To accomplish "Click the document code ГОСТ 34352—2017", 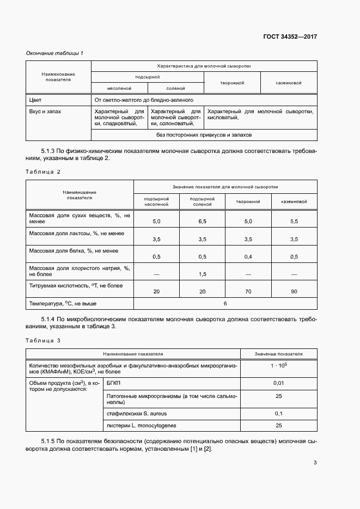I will coord(290,37).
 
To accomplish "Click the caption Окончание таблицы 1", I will coord(54,53).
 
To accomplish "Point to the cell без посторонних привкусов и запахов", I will coord(204,135).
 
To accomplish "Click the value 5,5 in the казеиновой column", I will coord(294,222).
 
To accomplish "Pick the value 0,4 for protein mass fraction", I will coord(248,256).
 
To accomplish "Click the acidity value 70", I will coord(248,292).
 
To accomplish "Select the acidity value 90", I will coord(294,292).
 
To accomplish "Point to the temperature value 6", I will coord(225,303).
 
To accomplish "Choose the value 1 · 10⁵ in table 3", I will coord(278,366).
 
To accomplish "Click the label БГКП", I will coord(115,384).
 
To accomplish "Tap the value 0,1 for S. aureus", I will coord(278,414).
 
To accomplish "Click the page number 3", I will coord(315,463).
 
